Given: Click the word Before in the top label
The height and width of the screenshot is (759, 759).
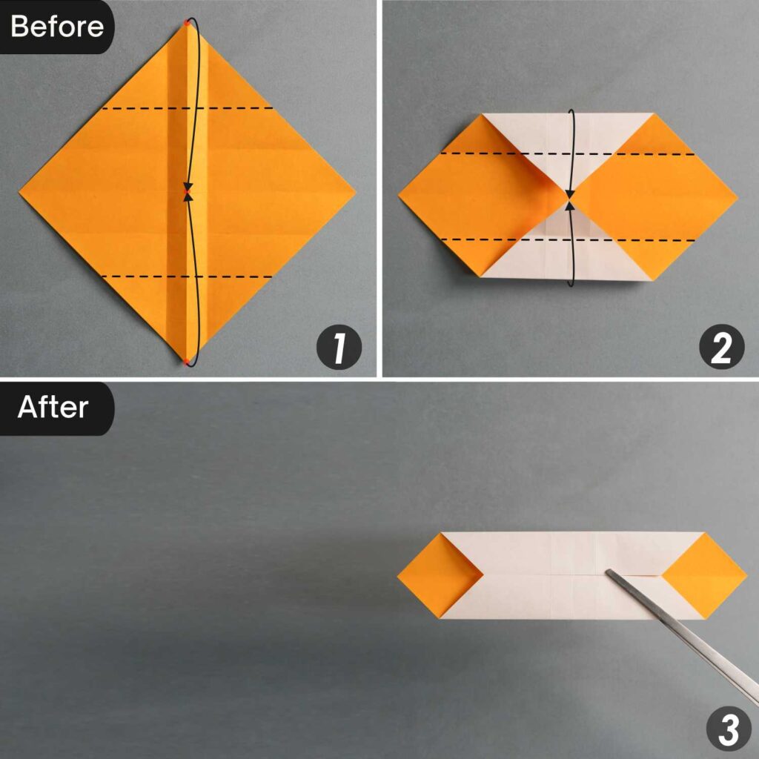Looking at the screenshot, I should tap(57, 27).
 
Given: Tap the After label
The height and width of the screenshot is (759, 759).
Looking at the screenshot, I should tap(53, 407).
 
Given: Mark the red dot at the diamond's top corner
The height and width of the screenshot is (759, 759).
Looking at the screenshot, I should tap(187, 24).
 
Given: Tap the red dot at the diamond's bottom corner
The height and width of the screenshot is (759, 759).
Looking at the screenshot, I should tap(186, 361).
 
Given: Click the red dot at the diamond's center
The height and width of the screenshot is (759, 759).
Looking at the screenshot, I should tap(188, 192).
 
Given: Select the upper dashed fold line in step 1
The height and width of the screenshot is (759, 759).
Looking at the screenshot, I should tap(187, 108).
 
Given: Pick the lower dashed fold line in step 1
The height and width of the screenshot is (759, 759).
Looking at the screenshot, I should tap(187, 276).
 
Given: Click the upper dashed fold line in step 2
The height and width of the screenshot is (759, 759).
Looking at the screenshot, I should tap(567, 153).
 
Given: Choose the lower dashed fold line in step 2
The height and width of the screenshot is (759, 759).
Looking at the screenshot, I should tap(567, 239).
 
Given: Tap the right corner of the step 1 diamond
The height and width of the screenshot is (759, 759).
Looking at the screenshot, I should tap(354, 192).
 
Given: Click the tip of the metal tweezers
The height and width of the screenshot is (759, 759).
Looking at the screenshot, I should tap(609, 571).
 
